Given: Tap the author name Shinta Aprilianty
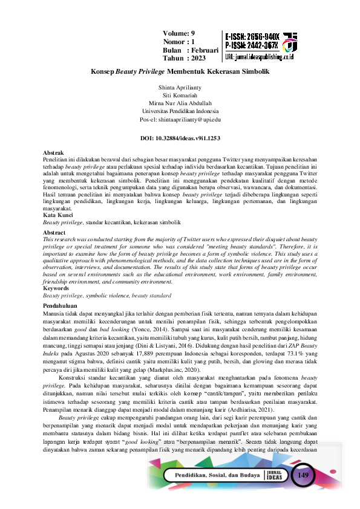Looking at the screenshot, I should tap(180, 88).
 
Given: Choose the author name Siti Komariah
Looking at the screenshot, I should tap(180, 96).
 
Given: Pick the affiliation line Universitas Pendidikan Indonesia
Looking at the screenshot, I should tap(180, 112).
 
